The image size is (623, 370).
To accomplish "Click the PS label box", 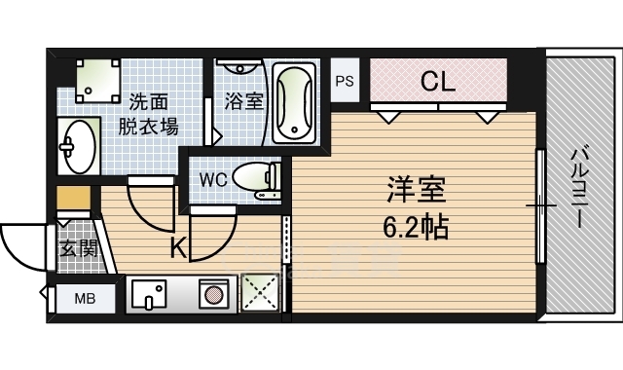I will pyautogui.click(x=346, y=82).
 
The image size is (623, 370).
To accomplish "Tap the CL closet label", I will pyautogui.click(x=438, y=82).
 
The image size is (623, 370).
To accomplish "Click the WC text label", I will pyautogui.click(x=214, y=179).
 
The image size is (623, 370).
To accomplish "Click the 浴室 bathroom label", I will pyautogui.click(x=243, y=100).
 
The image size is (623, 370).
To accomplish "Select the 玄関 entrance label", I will pyautogui.click(x=78, y=248).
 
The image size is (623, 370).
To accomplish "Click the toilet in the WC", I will pyautogui.click(x=257, y=179).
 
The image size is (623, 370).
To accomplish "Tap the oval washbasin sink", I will pyautogui.click(x=77, y=146).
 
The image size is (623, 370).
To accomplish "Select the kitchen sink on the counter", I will pyautogui.click(x=151, y=293).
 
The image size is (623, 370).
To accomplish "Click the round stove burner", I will pyautogui.click(x=213, y=293).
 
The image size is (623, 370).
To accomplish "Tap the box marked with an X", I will pyautogui.click(x=258, y=293).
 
